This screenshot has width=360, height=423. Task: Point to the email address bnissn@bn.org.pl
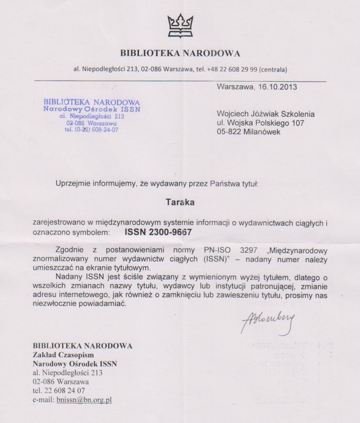[x=87, y=399]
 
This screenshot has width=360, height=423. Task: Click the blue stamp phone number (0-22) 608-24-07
[x=92, y=130]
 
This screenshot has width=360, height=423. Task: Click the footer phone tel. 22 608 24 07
[x=59, y=391]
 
